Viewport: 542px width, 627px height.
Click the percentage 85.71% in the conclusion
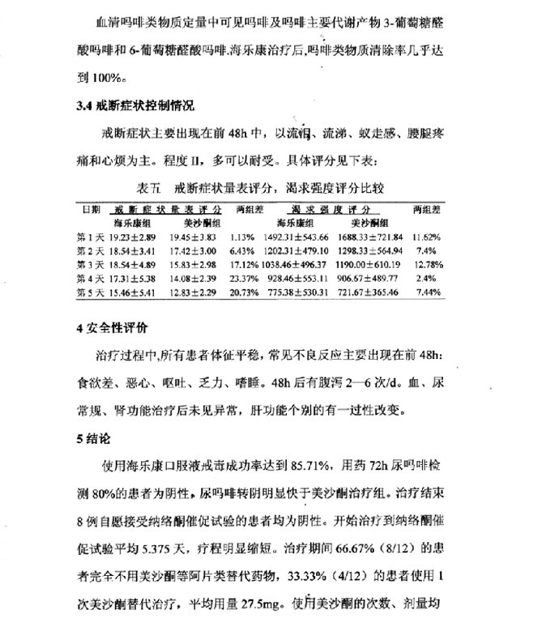pos(301,467)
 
